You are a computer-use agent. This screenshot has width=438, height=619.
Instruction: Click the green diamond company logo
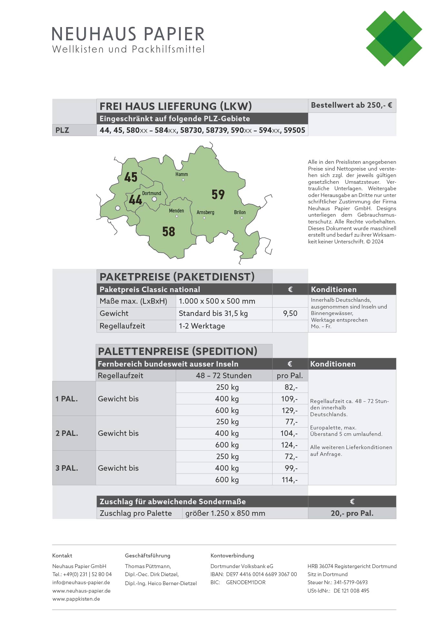394,39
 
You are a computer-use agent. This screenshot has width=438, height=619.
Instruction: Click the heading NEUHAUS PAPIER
128,34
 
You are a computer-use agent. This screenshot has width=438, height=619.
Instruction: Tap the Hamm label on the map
182,174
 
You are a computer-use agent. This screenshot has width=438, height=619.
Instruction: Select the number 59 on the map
218,194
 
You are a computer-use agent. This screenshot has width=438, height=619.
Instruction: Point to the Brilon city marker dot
242,218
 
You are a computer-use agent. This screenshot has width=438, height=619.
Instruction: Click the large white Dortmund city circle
154,199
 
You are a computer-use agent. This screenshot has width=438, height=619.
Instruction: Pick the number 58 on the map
168,231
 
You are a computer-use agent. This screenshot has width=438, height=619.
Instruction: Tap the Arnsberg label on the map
205,212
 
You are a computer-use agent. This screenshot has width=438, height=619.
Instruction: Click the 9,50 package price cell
290,313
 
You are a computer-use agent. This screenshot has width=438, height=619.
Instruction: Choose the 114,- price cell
290,480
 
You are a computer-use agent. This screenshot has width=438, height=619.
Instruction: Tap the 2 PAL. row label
67,433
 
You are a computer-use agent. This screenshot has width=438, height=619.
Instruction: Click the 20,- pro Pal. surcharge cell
352,513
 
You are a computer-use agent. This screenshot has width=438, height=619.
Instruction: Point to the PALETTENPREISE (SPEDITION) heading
177,351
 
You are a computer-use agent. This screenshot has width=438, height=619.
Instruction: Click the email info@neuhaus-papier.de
81,583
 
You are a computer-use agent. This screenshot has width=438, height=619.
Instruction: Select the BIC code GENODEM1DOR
245,583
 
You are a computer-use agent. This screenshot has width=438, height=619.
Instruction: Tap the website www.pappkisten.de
76,599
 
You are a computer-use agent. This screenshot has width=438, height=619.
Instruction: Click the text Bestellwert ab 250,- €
352,105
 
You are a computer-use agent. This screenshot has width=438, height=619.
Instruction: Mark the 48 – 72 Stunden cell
224,376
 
